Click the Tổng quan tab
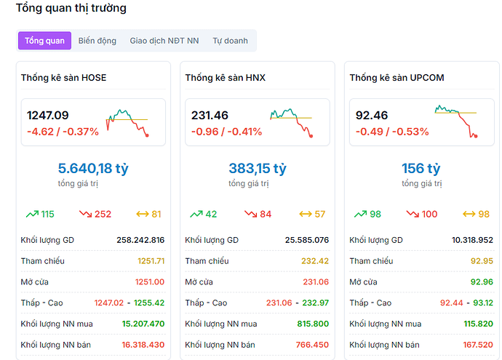(x=44, y=41)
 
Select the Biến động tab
(x=97, y=41)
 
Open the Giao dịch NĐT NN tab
(x=164, y=41)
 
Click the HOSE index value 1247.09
(x=48, y=115)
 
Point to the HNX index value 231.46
(x=210, y=115)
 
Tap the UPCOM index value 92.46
(x=372, y=115)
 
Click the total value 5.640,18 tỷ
(x=92, y=169)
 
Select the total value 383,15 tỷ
(x=257, y=169)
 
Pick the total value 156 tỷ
(x=421, y=169)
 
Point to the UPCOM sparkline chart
(x=456, y=121)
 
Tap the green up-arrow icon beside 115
(x=32, y=215)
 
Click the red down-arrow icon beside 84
(x=250, y=215)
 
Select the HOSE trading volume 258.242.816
(x=140, y=239)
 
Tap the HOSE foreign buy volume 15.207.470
(x=143, y=324)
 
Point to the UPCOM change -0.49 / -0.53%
(x=391, y=132)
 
